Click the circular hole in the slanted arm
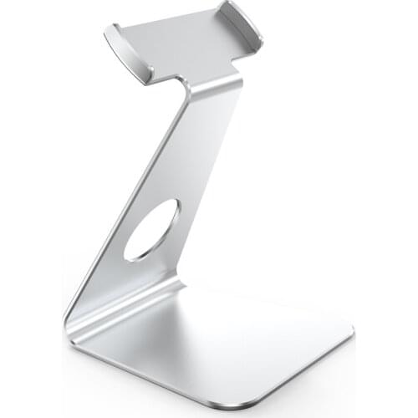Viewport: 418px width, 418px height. point(151,228)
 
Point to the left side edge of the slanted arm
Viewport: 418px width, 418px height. point(125,201)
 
